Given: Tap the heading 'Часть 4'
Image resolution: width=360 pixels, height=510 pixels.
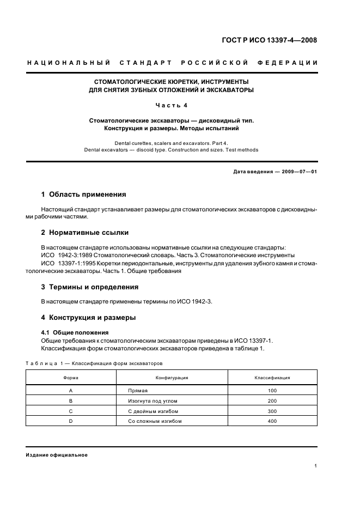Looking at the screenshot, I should tap(171, 105).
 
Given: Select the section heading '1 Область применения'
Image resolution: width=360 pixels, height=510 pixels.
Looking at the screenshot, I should tap(84, 194).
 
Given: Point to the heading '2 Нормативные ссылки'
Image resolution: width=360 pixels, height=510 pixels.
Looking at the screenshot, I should tap(85, 233).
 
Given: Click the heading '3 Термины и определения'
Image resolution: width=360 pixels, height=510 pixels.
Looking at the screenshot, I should tap(90, 287).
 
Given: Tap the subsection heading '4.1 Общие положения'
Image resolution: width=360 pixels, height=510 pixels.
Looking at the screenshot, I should tap(75, 332).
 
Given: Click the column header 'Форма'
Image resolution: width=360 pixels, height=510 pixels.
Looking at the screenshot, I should tap(71, 378).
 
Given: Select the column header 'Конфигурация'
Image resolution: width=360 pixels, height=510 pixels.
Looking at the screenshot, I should tap(172, 378).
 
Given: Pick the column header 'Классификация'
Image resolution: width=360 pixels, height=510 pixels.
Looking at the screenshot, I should tap(272, 378).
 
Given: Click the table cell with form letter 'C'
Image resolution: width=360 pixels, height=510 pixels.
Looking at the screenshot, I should tap(71, 411).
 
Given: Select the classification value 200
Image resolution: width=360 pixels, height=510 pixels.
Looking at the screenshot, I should tap(272, 401).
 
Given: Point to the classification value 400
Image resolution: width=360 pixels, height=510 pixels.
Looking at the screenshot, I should tap(272, 421).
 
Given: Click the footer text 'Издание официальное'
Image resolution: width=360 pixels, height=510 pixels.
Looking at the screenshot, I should tap(57, 455).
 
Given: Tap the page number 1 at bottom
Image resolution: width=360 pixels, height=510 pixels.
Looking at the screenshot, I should tap(316, 466).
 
